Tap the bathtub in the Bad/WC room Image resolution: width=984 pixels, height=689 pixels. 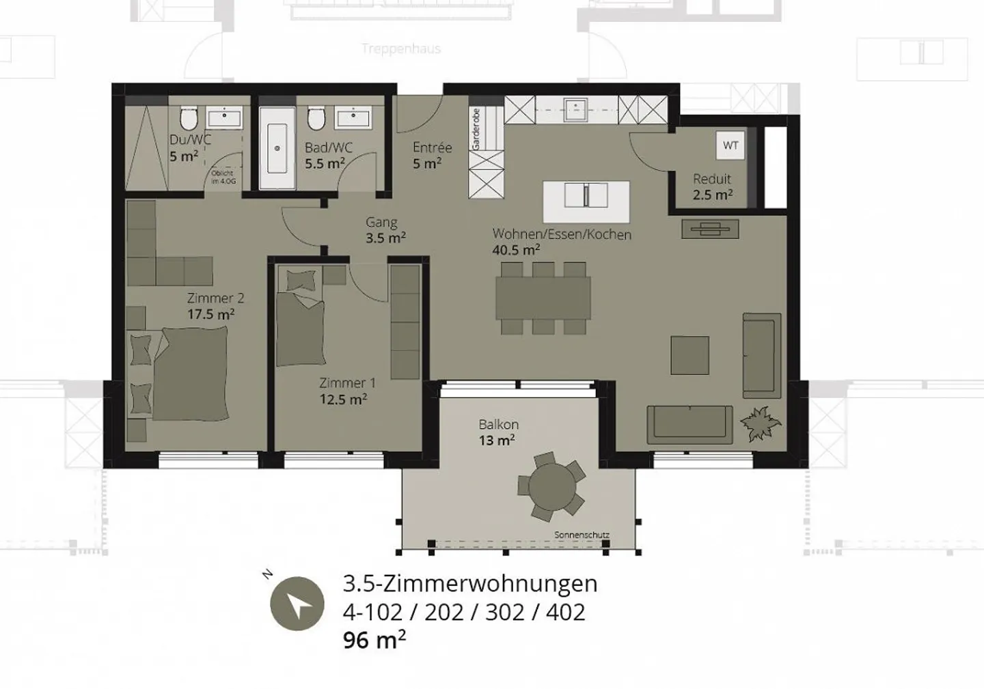pyautogui.click(x=277, y=147)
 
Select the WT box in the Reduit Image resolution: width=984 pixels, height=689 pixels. pyautogui.click(x=730, y=145)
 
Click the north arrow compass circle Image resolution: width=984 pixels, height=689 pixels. pyautogui.click(x=297, y=603)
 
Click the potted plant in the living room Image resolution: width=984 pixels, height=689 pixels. pyautogui.click(x=758, y=423)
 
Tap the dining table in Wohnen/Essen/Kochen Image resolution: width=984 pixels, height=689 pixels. pyautogui.click(x=543, y=298)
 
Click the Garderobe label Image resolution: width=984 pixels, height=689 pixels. pyautogui.click(x=476, y=129)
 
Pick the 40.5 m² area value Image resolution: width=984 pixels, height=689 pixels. pyautogui.click(x=516, y=250)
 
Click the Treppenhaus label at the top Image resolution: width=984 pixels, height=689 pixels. pyautogui.click(x=401, y=48)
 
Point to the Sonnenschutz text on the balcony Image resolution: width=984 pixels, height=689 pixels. pyautogui.click(x=582, y=535)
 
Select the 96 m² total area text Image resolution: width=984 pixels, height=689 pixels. pyautogui.click(x=374, y=640)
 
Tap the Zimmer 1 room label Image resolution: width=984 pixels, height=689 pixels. pyautogui.click(x=346, y=383)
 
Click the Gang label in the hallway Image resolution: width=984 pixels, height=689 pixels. pyautogui.click(x=381, y=222)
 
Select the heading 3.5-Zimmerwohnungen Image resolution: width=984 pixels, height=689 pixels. pyautogui.click(x=469, y=584)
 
